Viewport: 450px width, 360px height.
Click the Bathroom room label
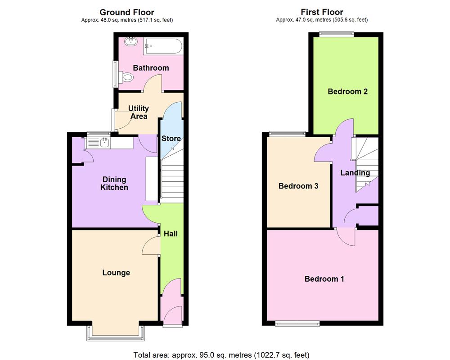[151, 68]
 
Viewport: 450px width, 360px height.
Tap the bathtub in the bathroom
[162, 46]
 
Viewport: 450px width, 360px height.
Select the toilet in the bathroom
[127, 78]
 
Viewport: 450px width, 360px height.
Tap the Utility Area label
[138, 112]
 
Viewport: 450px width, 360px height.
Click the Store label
[171, 139]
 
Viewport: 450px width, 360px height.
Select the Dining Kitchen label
[114, 184]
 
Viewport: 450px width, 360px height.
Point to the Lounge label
[116, 273]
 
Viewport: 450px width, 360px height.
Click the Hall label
[171, 234]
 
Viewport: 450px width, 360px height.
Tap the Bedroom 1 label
[324, 279]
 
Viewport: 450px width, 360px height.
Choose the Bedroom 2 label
[347, 92]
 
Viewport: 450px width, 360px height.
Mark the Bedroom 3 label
[298, 186]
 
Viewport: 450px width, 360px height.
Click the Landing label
[355, 173]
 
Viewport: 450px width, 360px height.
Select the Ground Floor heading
[127, 12]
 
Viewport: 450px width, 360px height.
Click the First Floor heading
[322, 12]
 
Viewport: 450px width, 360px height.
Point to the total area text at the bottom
[221, 355]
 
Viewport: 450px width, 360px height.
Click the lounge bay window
[117, 333]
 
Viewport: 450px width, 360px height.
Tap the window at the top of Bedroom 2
[337, 34]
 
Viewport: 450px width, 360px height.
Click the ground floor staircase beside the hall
[172, 180]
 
